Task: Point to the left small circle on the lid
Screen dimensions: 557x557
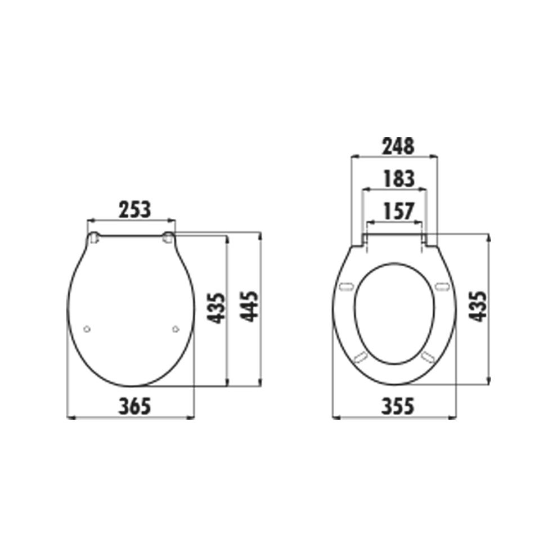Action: point(86,329)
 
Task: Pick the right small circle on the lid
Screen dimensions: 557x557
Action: point(176,329)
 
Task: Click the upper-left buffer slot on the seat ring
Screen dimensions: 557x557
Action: point(347,287)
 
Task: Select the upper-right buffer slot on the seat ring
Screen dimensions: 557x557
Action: point(441,287)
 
